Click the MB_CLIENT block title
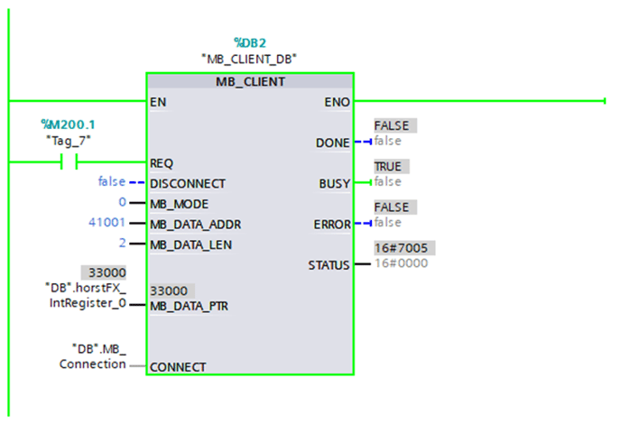(249, 82)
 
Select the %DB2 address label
(249, 42)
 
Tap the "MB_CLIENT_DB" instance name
(249, 59)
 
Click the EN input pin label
(158, 102)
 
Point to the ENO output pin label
(337, 102)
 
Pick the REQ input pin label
(162, 163)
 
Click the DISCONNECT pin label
(188, 183)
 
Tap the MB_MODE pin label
(181, 203)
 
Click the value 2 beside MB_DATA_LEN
(122, 244)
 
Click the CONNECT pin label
(178, 367)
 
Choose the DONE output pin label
(332, 143)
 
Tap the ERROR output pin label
(330, 224)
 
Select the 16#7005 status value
(400, 248)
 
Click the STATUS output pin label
(329, 265)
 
